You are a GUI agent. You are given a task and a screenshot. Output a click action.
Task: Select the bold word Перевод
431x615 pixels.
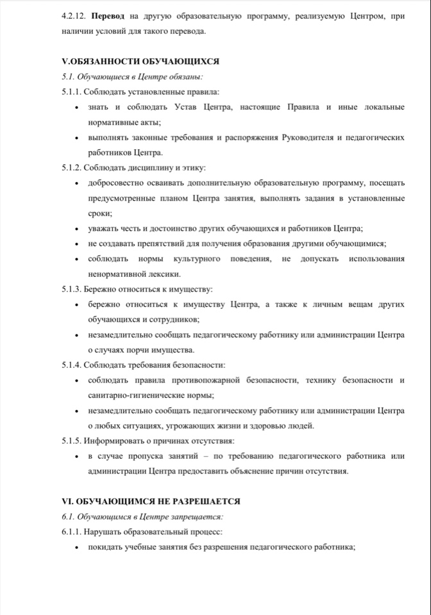tap(109, 17)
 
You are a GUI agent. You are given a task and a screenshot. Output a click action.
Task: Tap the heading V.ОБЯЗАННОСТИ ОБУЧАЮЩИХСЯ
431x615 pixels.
tap(140, 61)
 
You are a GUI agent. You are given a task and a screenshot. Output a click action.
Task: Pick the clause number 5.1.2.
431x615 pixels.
tap(72, 168)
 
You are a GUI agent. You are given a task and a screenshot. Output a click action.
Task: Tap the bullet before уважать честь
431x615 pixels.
tap(78, 229)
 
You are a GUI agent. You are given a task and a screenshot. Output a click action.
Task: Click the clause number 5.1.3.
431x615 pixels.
tap(72, 290)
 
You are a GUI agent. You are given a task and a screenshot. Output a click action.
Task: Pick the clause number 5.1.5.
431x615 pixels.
tap(72, 441)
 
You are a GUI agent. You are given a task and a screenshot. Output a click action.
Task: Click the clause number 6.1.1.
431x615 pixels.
tap(72, 532)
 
